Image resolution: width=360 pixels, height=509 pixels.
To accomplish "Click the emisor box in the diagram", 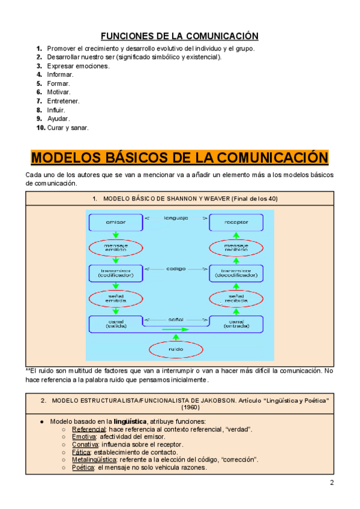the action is click(116, 223).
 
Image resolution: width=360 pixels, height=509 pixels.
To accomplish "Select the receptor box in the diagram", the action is click(236, 223).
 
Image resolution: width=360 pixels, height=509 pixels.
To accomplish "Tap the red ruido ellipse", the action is click(176, 349).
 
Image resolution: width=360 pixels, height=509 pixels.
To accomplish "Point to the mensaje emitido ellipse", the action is click(116, 248).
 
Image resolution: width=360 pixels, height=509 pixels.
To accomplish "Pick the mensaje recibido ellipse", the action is click(236, 248).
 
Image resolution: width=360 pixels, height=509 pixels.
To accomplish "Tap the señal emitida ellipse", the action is click(116, 298).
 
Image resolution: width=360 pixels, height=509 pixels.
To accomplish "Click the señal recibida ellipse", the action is click(236, 298).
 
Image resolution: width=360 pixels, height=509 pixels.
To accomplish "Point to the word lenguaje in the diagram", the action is click(176, 217).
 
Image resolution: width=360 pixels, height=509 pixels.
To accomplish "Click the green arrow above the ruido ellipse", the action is click(176, 335).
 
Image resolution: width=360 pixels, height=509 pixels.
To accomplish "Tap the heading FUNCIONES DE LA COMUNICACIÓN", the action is click(179, 35).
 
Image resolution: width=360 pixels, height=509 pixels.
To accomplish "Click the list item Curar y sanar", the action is click(68, 128).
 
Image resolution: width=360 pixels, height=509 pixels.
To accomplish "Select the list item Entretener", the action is click(63, 101).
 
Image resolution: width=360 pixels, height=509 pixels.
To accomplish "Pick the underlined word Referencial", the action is click(89, 430).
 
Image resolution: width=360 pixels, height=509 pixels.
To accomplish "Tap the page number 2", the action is click(332, 484).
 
